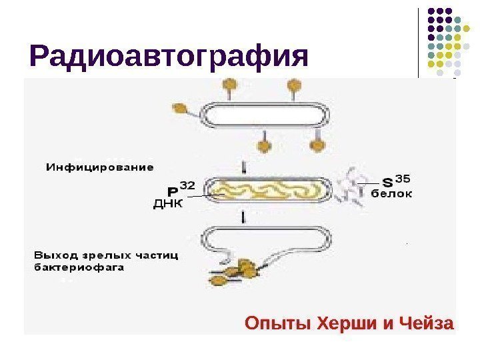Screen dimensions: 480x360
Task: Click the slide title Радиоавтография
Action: pos(169,57)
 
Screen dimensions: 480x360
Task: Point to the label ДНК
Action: pos(167,203)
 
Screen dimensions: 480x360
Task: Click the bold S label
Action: pos(387,182)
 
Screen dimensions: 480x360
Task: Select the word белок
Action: pos(391,194)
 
